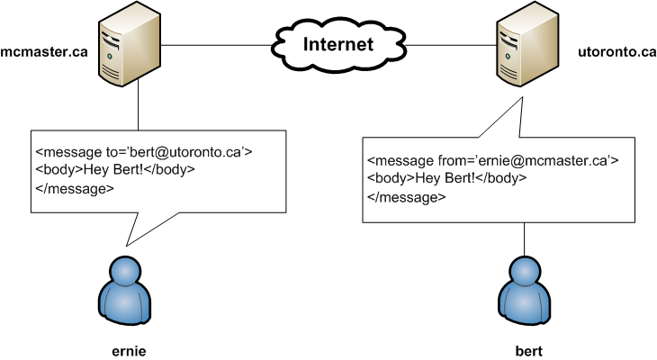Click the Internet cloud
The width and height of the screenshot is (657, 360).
point(337,42)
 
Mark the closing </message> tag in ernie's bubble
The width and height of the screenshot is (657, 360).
point(75,188)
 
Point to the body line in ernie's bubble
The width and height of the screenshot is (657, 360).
point(115,169)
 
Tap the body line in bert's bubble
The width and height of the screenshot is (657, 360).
point(447,178)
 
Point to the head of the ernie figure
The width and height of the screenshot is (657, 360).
point(127,268)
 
